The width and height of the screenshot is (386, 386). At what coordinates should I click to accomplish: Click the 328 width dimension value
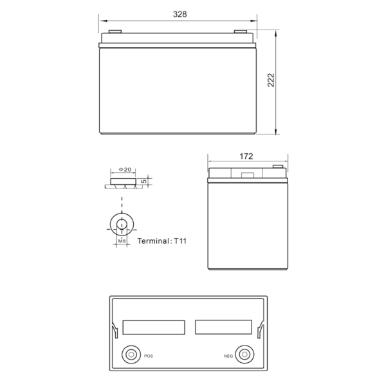[x=179, y=14]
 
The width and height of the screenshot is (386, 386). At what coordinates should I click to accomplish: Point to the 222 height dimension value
[x=271, y=80]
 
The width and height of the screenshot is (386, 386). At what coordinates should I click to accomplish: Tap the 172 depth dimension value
[x=246, y=156]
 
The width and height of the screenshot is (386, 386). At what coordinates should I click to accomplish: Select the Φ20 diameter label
[x=125, y=169]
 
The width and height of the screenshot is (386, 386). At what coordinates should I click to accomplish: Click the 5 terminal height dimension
[x=145, y=181]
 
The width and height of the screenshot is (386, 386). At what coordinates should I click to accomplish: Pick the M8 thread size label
[x=122, y=241]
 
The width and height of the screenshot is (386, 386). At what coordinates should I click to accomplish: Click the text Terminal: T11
[x=161, y=241]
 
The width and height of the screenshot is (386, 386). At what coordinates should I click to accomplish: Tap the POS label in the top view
[x=149, y=356]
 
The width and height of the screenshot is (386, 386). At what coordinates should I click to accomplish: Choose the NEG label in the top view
[x=228, y=356]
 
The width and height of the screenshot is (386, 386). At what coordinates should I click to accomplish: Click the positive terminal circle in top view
[x=131, y=354]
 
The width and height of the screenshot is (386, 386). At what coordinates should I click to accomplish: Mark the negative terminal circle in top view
[x=244, y=354]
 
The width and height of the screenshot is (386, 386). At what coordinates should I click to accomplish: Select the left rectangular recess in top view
[x=154, y=327]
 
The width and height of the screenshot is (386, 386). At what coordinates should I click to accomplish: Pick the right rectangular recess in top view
[x=223, y=327]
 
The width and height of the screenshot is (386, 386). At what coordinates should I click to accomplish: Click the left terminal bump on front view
[x=115, y=32]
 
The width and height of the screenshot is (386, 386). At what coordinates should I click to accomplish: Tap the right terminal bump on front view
[x=241, y=32]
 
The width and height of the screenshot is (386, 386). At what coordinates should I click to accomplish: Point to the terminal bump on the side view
[x=278, y=167]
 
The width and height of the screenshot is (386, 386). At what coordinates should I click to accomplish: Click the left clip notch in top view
[x=115, y=330]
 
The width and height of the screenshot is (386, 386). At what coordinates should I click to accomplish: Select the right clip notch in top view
[x=261, y=330]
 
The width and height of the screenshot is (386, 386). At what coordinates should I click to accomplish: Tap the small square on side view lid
[x=248, y=175]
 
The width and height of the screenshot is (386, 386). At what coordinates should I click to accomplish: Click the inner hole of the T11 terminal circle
[x=122, y=224]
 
